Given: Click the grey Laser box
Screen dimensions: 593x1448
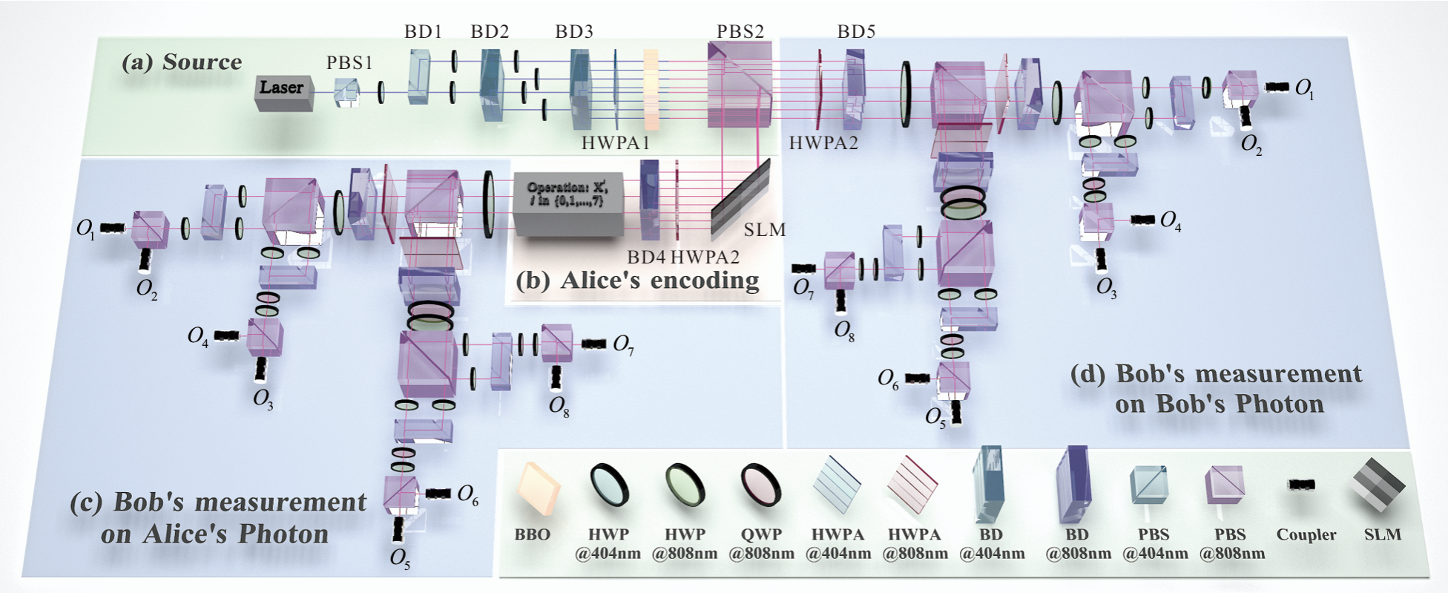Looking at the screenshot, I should coord(283,91).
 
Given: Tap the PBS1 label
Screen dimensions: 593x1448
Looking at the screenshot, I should coord(349,63).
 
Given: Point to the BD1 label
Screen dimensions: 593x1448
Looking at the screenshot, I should coord(423,32).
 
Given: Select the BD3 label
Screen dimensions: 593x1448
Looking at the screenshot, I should coord(574,32).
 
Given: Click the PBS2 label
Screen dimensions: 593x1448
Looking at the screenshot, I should coord(740,32).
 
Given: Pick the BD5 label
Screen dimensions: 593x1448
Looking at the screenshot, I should coord(856,32).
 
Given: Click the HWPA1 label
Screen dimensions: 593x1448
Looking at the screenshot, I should coord(615,143).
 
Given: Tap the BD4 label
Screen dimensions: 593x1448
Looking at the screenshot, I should coord(646,258).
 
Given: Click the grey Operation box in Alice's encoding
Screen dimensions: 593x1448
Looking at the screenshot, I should coord(567,204).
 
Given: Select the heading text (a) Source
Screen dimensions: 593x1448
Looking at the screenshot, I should coord(182,62).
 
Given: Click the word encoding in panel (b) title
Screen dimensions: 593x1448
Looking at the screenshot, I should coord(708,281).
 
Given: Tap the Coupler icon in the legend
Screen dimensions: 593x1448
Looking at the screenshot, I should coord(1301,485).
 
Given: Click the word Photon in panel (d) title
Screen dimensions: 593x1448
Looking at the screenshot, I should coord(1280,404).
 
